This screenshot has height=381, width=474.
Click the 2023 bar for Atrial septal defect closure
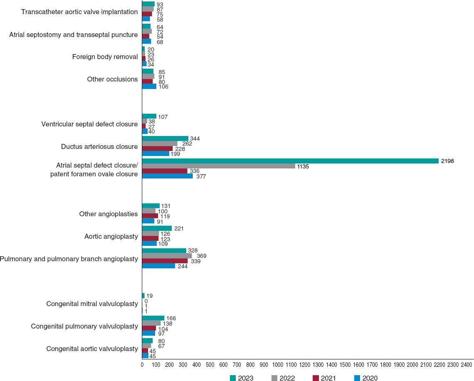coord(290,161)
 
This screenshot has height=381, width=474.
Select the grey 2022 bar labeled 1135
coord(219,166)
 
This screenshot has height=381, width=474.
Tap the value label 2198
coord(447,161)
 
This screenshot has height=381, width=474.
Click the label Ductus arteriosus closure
coord(99,146)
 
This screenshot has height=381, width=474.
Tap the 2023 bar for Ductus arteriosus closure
coord(165,139)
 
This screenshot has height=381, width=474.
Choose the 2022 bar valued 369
coord(167,256)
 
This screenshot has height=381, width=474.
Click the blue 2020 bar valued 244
coord(158,266)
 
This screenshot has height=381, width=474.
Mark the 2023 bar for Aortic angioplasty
coord(157,228)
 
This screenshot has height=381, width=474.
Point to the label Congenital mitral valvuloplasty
coord(92,304)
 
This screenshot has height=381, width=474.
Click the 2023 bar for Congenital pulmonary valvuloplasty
coord(153,318)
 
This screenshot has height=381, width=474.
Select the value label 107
coord(163,117)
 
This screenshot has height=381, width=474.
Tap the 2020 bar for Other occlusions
coord(149,87)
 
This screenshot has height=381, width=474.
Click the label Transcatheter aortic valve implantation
coord(79,12)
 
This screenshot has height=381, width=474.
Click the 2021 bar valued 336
coord(165,171)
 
